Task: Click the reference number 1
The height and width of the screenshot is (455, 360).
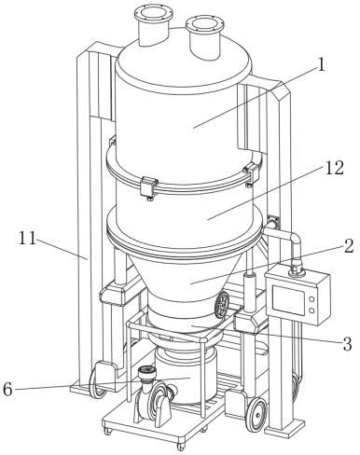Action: pyautogui.click(x=321, y=65)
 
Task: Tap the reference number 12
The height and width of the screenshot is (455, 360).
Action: pyautogui.click(x=334, y=168)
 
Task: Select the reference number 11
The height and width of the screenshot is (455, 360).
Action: pyautogui.click(x=27, y=238)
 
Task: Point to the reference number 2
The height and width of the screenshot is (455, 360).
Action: pyautogui.click(x=348, y=246)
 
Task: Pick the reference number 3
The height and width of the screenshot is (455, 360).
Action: pyautogui.click(x=347, y=344)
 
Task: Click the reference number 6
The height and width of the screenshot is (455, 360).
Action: pyautogui.click(x=7, y=390)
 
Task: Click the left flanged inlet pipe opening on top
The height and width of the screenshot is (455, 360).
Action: pyautogui.click(x=153, y=14)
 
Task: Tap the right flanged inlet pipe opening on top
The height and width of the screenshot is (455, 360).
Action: pyautogui.click(x=205, y=24)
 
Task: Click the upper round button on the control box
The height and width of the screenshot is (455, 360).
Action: pyautogui.click(x=312, y=299)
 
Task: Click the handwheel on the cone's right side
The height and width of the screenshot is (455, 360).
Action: pyautogui.click(x=222, y=305)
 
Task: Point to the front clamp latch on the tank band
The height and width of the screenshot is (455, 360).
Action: pyautogui.click(x=148, y=186)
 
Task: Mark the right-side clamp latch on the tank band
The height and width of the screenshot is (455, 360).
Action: pyautogui.click(x=252, y=172)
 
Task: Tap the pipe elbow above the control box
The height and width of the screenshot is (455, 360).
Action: pyautogui.click(x=294, y=241)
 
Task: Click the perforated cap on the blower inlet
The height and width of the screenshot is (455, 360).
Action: pyautogui.click(x=146, y=370)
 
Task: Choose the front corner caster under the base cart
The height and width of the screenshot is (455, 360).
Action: pyautogui.click(x=181, y=447)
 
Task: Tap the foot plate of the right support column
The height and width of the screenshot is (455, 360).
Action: pyautogui.click(x=284, y=429)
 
